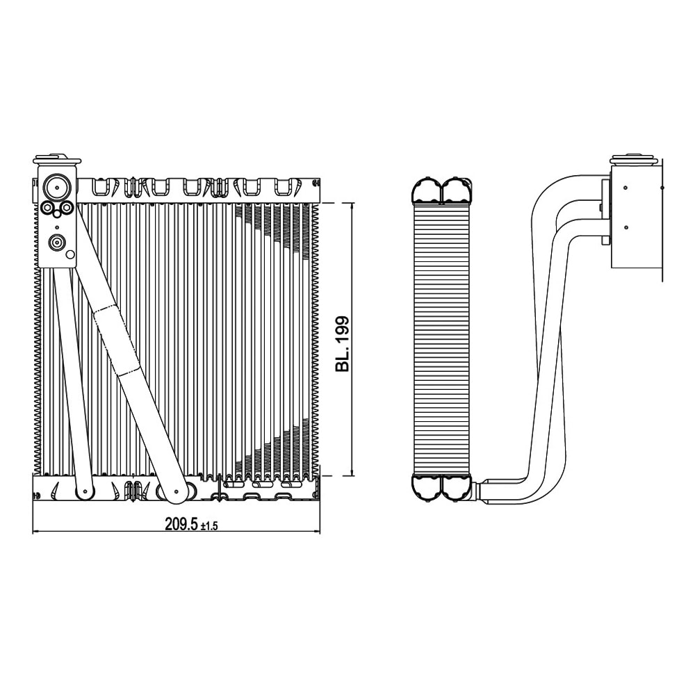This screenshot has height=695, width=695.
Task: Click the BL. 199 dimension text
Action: click(343, 344)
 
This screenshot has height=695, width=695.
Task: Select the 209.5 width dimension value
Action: click(181, 525)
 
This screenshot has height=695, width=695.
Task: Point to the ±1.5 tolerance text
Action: click(209, 527)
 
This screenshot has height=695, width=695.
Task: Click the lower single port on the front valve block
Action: click(56, 243)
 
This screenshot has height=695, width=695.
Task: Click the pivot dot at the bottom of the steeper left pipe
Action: click(84, 492)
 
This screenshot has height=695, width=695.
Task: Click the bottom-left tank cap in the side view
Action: click(426, 487)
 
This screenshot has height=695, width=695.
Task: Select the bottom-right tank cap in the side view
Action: click(456, 487)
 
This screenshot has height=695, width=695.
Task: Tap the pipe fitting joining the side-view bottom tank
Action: click(478, 489)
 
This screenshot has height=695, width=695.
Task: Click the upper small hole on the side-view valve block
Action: click(627, 188)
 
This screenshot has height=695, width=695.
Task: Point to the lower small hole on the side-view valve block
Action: click(627, 227)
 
